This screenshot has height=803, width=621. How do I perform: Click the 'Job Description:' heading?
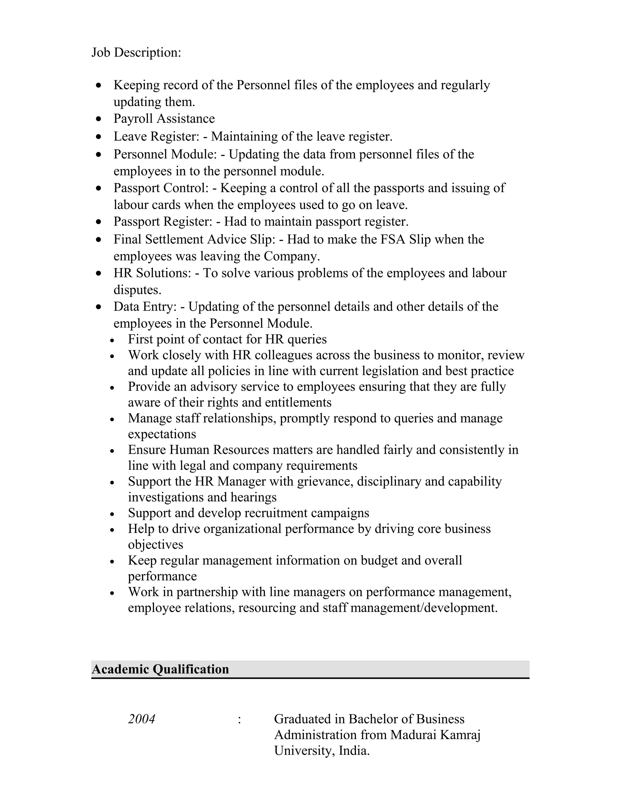[x=136, y=53]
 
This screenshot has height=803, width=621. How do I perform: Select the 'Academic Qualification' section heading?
[x=160, y=669]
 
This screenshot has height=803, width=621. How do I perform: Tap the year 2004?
[x=142, y=719]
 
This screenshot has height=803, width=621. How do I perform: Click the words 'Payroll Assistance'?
[x=164, y=119]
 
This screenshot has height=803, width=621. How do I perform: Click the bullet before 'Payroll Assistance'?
[x=98, y=119]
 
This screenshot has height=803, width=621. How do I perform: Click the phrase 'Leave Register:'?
[x=156, y=136]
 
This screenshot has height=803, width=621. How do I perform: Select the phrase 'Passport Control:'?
[x=161, y=188]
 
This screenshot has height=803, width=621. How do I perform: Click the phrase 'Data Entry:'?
[x=145, y=307]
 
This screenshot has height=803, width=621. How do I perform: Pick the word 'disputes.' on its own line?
[x=137, y=290]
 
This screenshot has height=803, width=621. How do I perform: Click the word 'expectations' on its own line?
[x=162, y=434]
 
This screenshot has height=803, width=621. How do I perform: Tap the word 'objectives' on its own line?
[x=155, y=545]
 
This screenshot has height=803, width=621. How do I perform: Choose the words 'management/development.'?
[x=424, y=608]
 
